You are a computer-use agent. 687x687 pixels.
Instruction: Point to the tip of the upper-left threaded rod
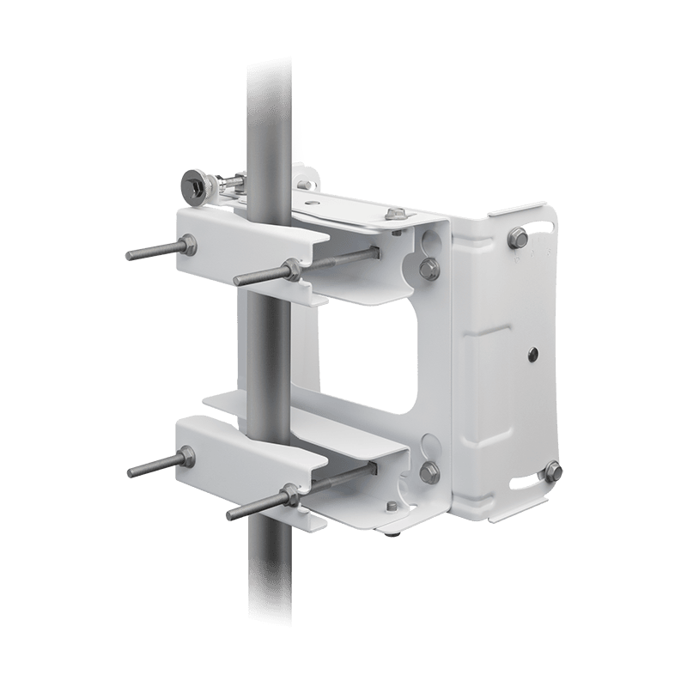(129, 256)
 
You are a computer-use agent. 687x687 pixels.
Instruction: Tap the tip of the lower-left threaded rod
(131, 471)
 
